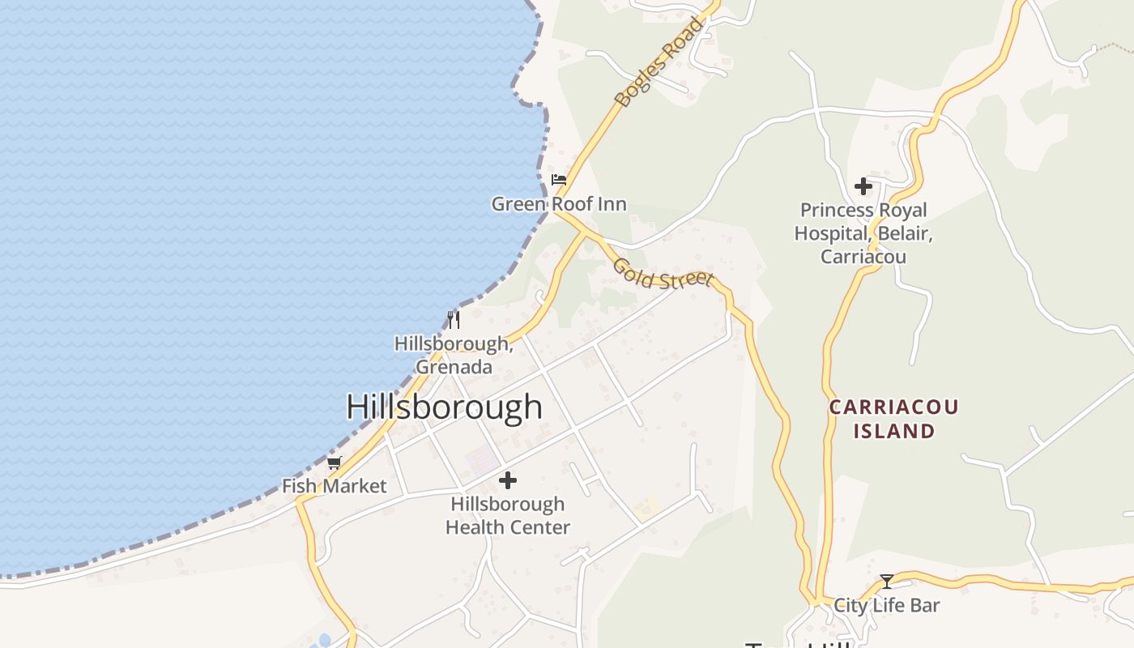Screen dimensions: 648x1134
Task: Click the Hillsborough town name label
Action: coord(444,407)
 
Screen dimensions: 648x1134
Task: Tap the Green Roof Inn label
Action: coord(559,204)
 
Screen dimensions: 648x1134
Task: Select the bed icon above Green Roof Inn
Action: coord(559,180)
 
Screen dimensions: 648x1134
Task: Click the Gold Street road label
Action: coord(663,274)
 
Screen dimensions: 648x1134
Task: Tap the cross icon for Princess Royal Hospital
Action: coord(863,186)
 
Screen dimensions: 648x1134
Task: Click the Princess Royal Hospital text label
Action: coord(863,233)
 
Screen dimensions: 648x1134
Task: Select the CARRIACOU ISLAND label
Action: coord(893,419)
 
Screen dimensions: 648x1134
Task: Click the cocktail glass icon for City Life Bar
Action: coord(887,581)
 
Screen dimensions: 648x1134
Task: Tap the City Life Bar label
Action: coord(887,605)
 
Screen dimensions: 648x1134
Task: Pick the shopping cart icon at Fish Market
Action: coord(335,463)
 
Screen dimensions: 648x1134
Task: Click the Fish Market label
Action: coord(335,487)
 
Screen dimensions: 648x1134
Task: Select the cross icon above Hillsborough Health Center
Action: coord(508,480)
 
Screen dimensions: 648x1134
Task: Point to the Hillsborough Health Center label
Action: coord(508,515)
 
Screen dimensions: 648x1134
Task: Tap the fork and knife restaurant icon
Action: coord(454,320)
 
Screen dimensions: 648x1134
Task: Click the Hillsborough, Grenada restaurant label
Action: coord(454,355)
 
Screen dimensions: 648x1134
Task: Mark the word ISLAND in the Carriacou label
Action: coord(893,431)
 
